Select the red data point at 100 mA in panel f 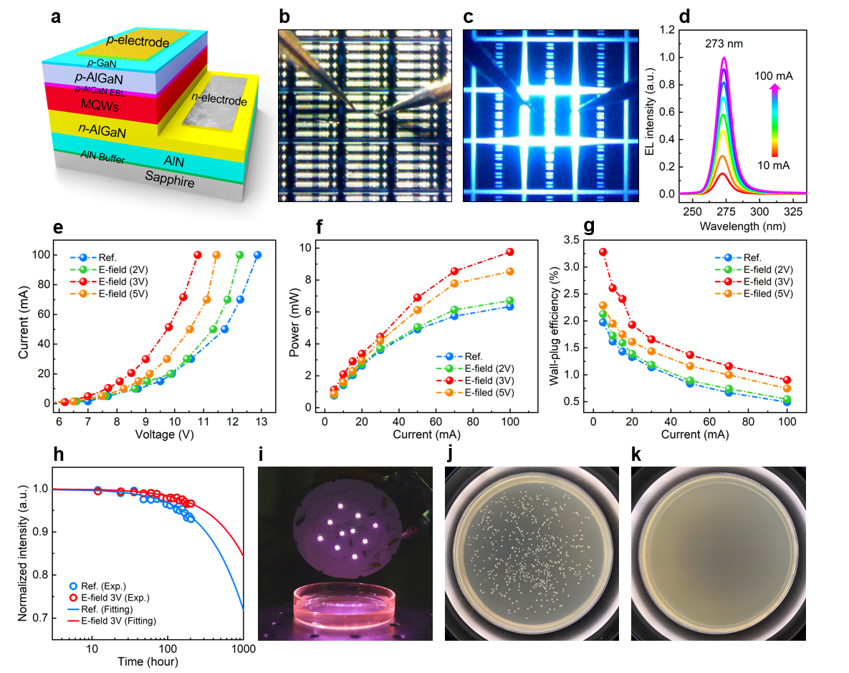510,252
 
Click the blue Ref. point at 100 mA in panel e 257,255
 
